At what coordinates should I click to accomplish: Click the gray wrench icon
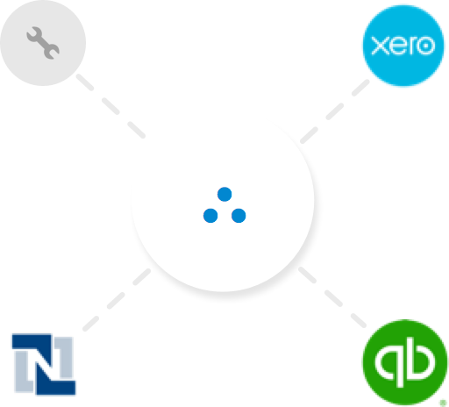43,43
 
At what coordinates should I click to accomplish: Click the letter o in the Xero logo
425,46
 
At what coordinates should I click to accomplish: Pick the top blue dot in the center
224,194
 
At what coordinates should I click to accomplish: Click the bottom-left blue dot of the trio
210,216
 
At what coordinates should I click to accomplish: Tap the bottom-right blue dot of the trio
239,216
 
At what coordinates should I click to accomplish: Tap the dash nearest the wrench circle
85,82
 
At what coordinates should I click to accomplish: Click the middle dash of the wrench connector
110,106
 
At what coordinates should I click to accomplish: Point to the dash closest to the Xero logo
360,88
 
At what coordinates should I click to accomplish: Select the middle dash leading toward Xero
335,111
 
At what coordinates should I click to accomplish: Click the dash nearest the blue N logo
90,323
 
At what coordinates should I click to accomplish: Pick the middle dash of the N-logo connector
116,300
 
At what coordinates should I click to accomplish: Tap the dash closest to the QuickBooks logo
359,320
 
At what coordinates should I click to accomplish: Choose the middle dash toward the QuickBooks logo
333,298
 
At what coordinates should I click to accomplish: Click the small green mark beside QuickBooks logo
443,403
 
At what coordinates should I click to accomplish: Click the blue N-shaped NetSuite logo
44,364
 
